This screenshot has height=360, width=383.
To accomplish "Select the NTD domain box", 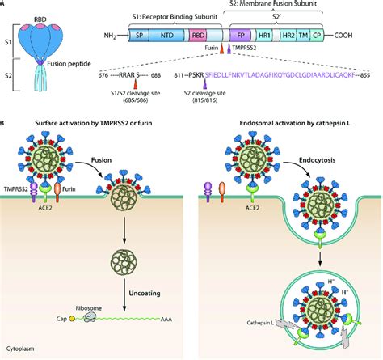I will (168, 36).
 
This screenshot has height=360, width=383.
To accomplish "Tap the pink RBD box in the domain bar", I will (196, 36).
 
